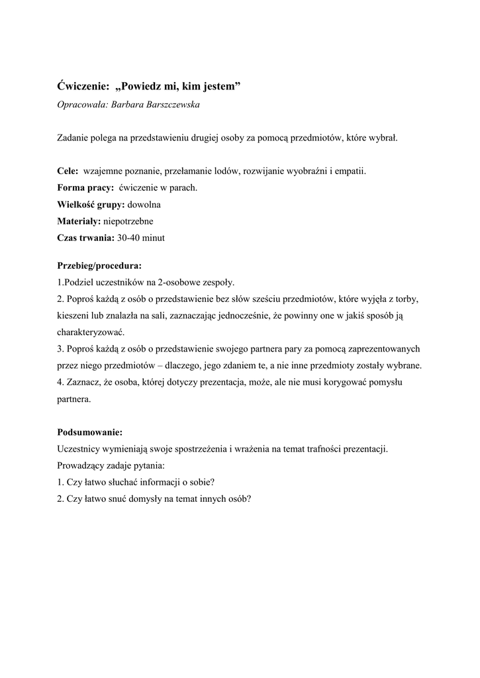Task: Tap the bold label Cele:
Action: (x=69, y=171)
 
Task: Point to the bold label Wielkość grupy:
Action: (x=91, y=205)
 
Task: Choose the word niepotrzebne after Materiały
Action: (x=128, y=221)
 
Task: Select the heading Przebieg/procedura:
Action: (x=99, y=266)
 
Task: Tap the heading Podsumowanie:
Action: (x=90, y=432)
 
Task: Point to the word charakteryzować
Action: (x=90, y=332)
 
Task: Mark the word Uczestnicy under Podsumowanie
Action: (x=81, y=449)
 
